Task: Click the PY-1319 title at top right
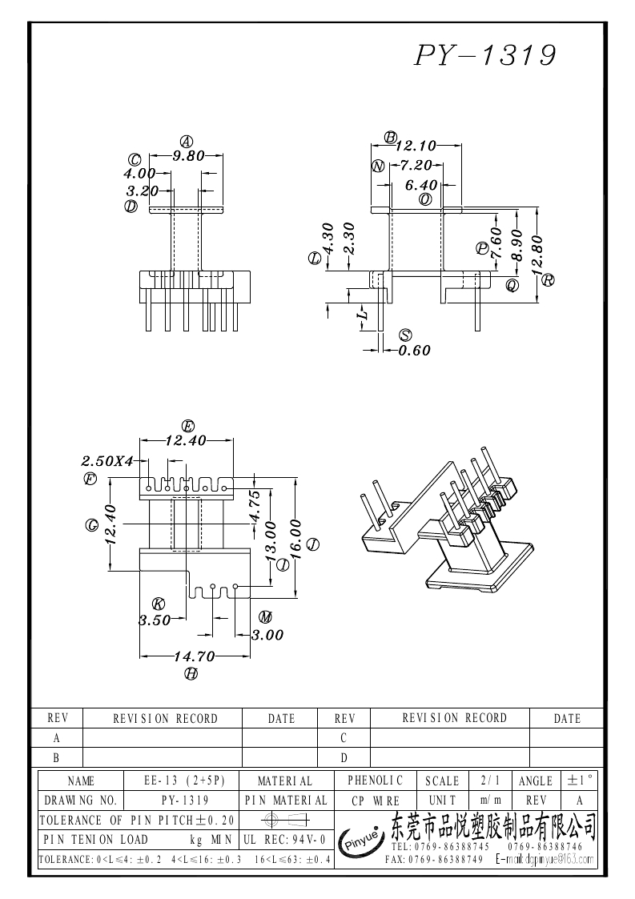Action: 485,55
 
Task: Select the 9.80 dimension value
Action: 189,157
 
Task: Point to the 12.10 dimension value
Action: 416,146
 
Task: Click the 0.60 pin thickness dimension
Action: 415,350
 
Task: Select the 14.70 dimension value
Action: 195,656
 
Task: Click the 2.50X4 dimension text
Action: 107,461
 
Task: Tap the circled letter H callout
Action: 191,674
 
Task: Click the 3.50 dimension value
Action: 154,620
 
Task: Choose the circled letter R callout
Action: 548,280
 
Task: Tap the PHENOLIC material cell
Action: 375,780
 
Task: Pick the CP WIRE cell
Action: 375,800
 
